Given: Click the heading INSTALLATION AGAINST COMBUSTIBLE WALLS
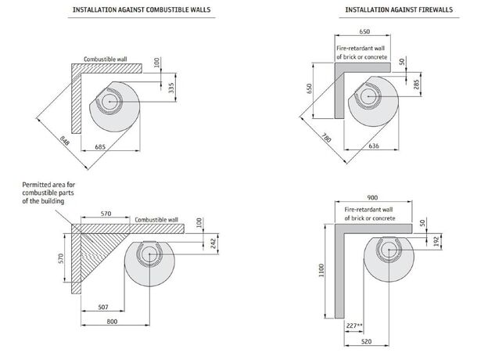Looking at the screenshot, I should tap(140, 9).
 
